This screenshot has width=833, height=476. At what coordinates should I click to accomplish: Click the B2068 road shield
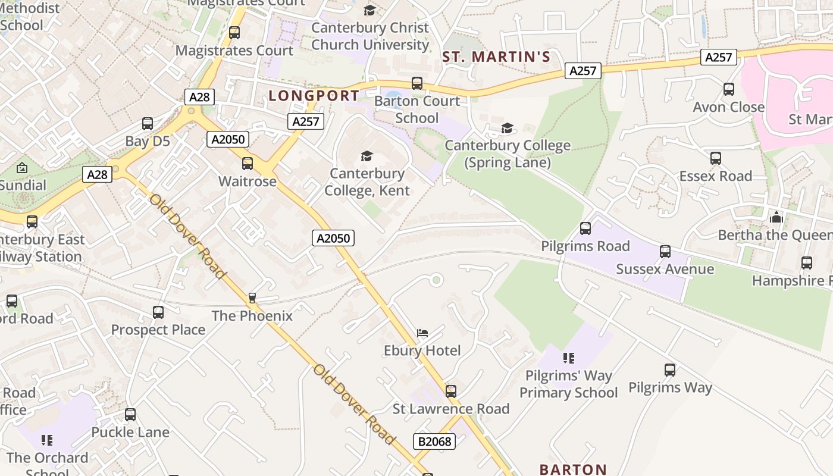(434, 441)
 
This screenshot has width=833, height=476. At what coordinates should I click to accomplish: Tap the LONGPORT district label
(314, 96)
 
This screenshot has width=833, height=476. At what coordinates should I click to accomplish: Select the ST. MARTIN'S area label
(496, 57)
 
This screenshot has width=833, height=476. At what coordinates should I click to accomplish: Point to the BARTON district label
(573, 469)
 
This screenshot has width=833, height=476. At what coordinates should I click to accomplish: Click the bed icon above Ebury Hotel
(422, 333)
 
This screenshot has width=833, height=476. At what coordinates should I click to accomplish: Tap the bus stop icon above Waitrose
(248, 164)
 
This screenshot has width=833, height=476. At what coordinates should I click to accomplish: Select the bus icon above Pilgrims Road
(585, 228)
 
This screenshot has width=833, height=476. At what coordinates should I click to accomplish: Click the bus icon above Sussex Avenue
(665, 252)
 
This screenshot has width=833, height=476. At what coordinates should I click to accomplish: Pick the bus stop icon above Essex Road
(716, 158)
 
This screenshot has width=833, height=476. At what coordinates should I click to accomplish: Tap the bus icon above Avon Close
(729, 89)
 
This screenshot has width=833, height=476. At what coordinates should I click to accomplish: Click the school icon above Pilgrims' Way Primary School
(569, 358)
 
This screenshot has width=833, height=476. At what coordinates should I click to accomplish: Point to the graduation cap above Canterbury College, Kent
(367, 156)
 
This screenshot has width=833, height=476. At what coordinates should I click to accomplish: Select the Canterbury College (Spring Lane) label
(508, 154)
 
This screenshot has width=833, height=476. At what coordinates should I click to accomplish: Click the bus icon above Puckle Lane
(130, 415)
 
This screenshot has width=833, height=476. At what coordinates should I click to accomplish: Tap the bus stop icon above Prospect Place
(158, 312)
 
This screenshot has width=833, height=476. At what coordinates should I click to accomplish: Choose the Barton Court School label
(416, 109)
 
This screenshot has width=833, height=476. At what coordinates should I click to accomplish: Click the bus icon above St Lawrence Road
(451, 392)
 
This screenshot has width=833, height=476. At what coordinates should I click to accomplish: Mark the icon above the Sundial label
(22, 168)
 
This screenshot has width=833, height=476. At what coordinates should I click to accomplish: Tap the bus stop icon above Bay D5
(148, 124)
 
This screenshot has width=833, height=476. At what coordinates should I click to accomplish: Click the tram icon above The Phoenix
(252, 298)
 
